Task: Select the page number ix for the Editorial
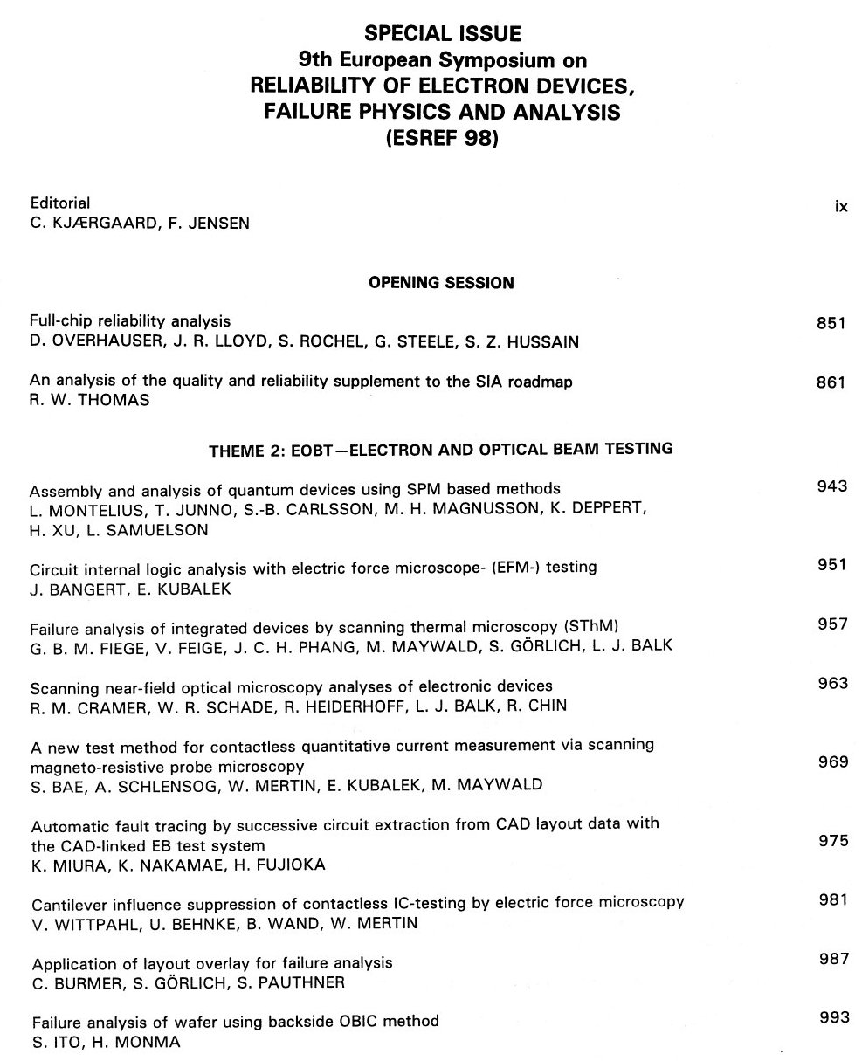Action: click(x=841, y=207)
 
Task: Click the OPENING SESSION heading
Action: click(x=441, y=283)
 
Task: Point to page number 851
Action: click(x=831, y=323)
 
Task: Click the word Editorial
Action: click(x=60, y=203)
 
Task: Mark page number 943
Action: click(x=831, y=486)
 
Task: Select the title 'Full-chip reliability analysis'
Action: click(x=129, y=321)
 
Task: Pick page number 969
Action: click(x=831, y=761)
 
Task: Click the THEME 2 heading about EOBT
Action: click(x=440, y=449)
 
